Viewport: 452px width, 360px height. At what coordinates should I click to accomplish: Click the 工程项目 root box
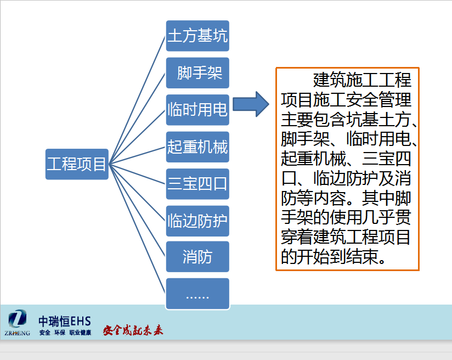tap(77, 164)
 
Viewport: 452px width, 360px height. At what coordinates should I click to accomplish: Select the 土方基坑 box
tap(197, 36)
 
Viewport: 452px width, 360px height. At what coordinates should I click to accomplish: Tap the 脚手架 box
tap(197, 73)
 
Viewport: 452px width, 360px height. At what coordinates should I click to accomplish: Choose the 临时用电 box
tap(197, 110)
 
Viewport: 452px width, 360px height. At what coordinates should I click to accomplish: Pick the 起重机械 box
tap(197, 147)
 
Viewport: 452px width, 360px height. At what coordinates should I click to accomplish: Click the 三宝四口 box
tap(197, 184)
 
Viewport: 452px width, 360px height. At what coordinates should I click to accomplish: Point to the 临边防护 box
tap(197, 221)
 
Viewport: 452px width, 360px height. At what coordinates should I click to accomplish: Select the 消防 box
tap(197, 257)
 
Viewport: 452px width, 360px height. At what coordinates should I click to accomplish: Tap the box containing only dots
tap(197, 294)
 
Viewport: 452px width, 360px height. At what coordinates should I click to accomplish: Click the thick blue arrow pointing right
tap(251, 104)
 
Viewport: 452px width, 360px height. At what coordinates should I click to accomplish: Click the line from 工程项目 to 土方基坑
tap(137, 100)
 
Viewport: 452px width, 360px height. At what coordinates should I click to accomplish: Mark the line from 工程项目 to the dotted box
tap(137, 229)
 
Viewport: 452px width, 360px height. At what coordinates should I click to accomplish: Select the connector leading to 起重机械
tap(137, 156)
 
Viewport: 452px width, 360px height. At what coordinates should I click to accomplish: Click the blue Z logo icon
tap(18, 318)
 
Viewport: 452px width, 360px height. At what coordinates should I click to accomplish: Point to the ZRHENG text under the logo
tap(18, 333)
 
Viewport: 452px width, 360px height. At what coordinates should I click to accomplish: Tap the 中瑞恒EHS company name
tap(65, 322)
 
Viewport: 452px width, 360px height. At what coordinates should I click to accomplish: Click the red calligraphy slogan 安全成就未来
tap(133, 330)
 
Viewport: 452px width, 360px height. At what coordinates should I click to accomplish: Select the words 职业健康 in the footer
tap(80, 333)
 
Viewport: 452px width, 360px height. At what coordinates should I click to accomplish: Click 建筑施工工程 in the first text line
tap(362, 80)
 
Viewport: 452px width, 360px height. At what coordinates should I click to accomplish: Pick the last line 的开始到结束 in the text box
tap(334, 257)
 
